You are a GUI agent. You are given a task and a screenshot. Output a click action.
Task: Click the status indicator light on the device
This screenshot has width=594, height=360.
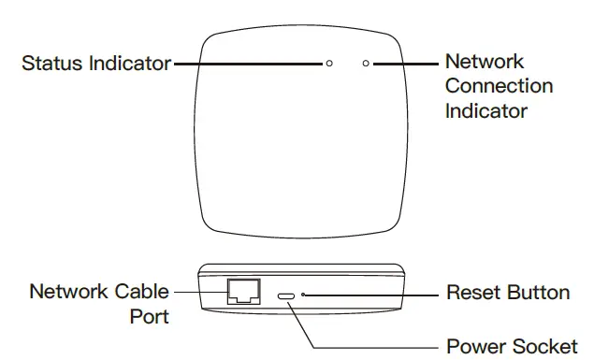(328, 64)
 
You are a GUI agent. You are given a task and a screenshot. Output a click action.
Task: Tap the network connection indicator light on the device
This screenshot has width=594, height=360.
(366, 64)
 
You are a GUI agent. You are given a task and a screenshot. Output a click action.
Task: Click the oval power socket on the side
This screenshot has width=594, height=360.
(288, 295)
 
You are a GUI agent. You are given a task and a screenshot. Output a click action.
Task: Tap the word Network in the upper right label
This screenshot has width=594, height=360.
(484, 62)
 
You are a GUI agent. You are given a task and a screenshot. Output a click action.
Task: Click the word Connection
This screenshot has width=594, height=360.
(499, 86)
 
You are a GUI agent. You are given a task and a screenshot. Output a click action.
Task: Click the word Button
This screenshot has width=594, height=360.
(538, 293)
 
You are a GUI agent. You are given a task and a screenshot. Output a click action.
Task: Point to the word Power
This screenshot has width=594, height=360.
(475, 345)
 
